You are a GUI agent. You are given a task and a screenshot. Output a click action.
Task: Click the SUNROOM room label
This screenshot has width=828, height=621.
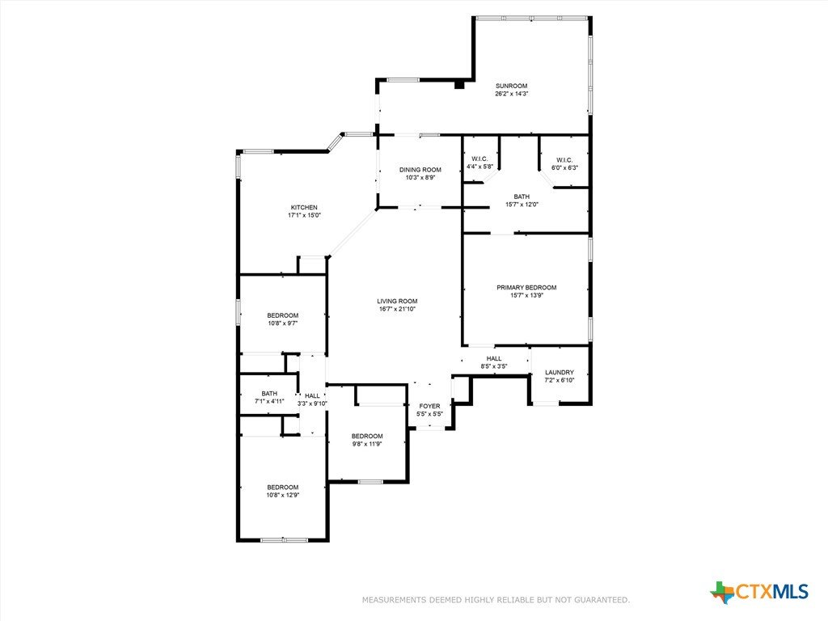(511, 86)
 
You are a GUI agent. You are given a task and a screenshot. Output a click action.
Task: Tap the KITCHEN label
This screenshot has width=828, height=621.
(304, 208)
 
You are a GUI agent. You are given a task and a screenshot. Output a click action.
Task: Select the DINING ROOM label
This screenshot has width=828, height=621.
(420, 170)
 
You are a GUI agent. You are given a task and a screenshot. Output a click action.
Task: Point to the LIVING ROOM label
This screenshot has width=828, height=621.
(397, 301)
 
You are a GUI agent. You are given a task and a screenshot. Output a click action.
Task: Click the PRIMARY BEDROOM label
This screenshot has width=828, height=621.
(526, 288)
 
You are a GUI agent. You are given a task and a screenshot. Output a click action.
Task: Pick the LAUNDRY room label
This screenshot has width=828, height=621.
(560, 372)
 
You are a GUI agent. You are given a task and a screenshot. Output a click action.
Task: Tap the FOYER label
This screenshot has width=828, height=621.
(430, 406)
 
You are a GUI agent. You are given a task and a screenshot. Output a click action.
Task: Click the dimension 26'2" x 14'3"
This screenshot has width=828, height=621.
(511, 94)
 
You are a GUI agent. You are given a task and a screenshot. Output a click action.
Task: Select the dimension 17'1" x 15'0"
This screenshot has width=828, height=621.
(304, 215)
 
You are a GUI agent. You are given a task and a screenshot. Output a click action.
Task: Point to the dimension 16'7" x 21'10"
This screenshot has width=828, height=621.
(397, 309)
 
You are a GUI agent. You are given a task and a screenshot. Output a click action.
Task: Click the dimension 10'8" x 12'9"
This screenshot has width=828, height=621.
(282, 496)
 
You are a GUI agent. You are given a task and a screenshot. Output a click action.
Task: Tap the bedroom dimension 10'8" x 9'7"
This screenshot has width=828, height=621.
(282, 323)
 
